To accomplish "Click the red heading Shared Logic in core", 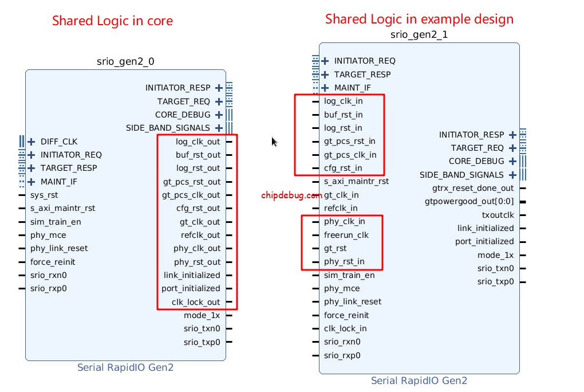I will pyautogui.click(x=112, y=21).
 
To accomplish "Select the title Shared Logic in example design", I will pyautogui.click(x=419, y=19).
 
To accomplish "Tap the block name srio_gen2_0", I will pyautogui.click(x=125, y=61).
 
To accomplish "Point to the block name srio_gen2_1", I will pyautogui.click(x=419, y=34).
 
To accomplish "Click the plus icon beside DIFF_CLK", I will pyautogui.click(x=31, y=142).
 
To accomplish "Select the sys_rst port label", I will pyautogui.click(x=44, y=195).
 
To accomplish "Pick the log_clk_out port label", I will pyautogui.click(x=198, y=142).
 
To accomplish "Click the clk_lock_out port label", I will pyautogui.click(x=196, y=302).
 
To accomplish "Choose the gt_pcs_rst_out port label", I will pyautogui.click(x=191, y=182).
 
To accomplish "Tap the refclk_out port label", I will pyautogui.click(x=200, y=235).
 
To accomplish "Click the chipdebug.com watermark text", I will pyautogui.click(x=291, y=195).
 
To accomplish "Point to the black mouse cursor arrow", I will pyautogui.click(x=275, y=142).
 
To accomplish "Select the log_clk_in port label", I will pyautogui.click(x=343, y=101).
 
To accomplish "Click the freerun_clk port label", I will pyautogui.click(x=346, y=235).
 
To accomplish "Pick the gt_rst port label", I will pyautogui.click(x=336, y=248).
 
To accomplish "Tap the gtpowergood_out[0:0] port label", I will pyautogui.click(x=469, y=201).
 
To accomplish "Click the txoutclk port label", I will pyautogui.click(x=498, y=215).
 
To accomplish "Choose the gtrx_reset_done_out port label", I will pyautogui.click(x=473, y=188).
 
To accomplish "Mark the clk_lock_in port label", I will pyautogui.click(x=345, y=328).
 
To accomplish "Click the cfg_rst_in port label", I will pyautogui.click(x=343, y=168).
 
